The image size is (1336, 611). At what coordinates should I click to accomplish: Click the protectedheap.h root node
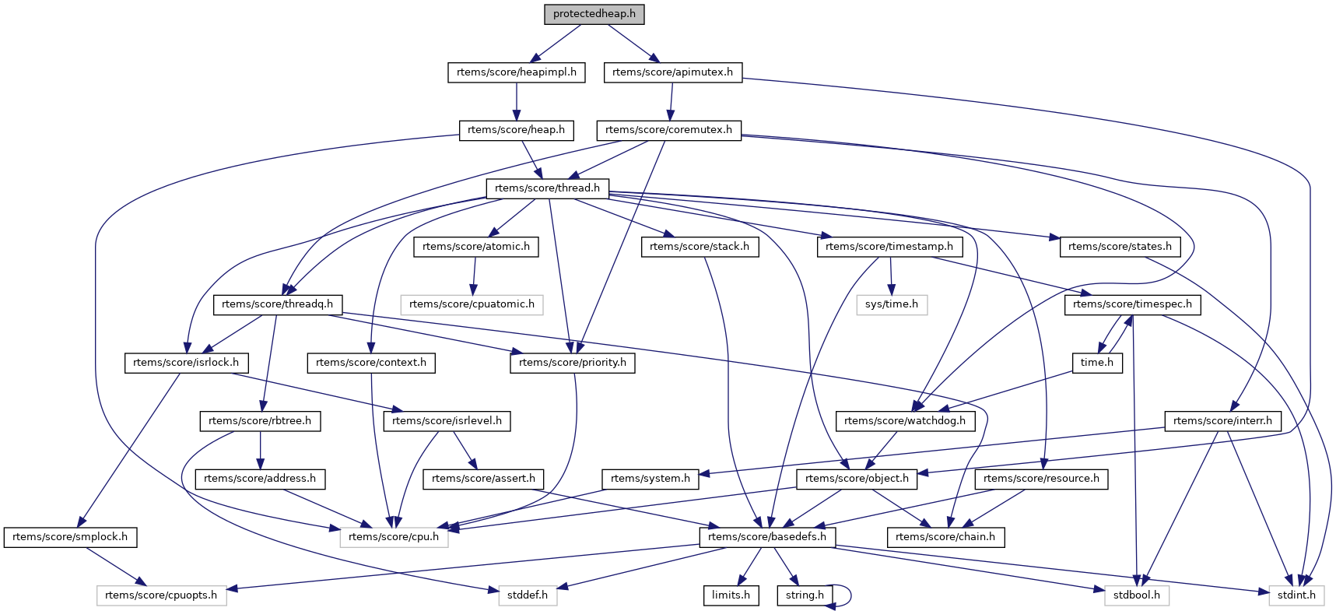[594, 14]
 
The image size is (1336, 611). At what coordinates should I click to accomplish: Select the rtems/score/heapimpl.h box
[517, 72]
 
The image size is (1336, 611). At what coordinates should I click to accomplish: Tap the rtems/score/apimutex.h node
[672, 72]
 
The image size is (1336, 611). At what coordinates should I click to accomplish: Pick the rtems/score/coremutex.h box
[668, 130]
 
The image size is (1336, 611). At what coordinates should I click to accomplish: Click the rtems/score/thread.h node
[547, 188]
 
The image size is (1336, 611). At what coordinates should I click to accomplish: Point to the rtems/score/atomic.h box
[475, 247]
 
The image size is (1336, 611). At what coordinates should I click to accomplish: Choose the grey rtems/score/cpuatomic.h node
[472, 304]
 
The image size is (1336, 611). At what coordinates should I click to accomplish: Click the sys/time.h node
[892, 304]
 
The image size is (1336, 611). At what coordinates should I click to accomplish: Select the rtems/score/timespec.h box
[1132, 304]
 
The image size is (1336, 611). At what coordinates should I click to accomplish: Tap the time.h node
[1097, 363]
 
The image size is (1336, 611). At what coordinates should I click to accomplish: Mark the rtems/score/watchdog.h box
[904, 421]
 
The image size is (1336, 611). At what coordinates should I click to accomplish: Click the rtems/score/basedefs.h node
[767, 537]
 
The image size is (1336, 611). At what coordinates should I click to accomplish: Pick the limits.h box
[731, 595]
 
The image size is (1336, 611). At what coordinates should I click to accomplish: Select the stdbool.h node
[1136, 595]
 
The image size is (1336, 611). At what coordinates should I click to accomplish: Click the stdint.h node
[1296, 595]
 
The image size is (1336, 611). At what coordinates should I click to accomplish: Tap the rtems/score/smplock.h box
[70, 537]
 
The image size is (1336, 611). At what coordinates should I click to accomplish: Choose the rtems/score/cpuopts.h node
[161, 595]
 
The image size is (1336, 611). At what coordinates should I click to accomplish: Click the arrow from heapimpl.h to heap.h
[517, 101]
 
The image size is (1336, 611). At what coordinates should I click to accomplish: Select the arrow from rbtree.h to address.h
[260, 450]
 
